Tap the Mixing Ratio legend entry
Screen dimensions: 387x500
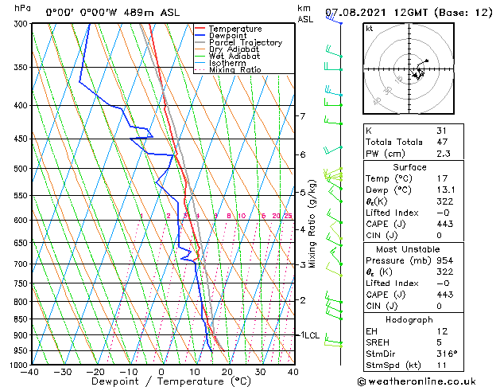tap(234, 70)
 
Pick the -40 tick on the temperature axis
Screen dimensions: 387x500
tap(30, 372)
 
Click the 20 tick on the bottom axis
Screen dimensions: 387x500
tap(227, 372)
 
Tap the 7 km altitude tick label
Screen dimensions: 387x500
tap(302, 116)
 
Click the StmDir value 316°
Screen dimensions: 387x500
tap(446, 354)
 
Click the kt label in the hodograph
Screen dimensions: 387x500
tap(369, 29)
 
